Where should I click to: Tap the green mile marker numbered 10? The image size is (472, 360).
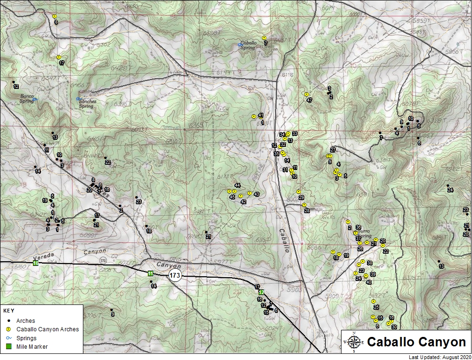tap(36, 263)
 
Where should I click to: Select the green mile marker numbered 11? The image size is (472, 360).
tap(150, 273)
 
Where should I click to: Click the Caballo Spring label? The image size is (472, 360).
tap(249, 45)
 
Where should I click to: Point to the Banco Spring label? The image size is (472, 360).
tap(26, 98)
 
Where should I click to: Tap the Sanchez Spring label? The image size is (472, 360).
tap(88, 104)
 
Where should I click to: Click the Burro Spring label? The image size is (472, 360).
tap(365, 234)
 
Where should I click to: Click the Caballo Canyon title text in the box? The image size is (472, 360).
tap(416, 342)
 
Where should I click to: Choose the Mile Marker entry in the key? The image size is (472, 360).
tap(32, 347)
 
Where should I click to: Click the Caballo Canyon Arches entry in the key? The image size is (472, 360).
tap(48, 329)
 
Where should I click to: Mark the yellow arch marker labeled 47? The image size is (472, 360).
tap(306, 94)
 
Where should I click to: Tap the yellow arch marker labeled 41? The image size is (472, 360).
tap(254, 116)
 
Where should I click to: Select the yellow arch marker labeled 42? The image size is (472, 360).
tap(241, 196)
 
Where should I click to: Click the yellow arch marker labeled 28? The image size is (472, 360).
tap(304, 205)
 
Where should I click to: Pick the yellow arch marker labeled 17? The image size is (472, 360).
tap(59, 57)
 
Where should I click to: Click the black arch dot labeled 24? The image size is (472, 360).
tap(448, 185)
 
